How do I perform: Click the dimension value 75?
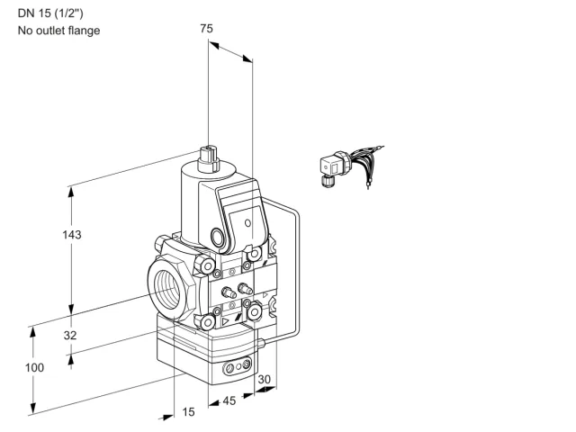(206, 28)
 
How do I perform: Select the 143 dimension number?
(72, 235)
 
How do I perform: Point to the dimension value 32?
(70, 335)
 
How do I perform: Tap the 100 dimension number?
(34, 367)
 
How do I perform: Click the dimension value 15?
(188, 412)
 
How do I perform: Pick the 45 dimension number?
(229, 400)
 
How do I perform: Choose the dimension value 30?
(264, 379)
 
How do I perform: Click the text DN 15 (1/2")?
(50, 13)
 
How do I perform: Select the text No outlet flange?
(58, 31)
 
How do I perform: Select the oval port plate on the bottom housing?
(238, 365)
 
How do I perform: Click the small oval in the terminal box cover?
(248, 223)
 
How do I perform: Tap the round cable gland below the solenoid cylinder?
(217, 236)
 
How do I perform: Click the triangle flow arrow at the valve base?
(225, 322)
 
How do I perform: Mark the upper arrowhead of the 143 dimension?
(71, 192)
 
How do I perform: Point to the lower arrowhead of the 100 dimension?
(33, 409)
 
